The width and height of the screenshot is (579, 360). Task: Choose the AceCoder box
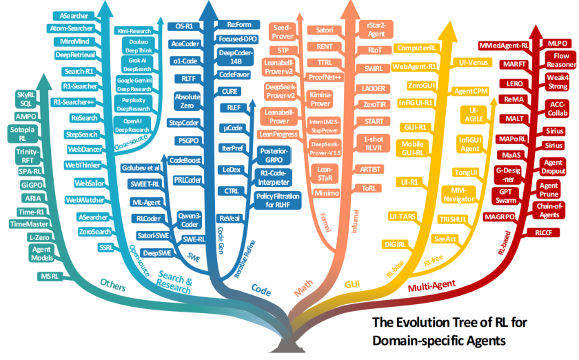[x=184, y=43]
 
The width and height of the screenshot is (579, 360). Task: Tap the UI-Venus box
[x=474, y=62]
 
